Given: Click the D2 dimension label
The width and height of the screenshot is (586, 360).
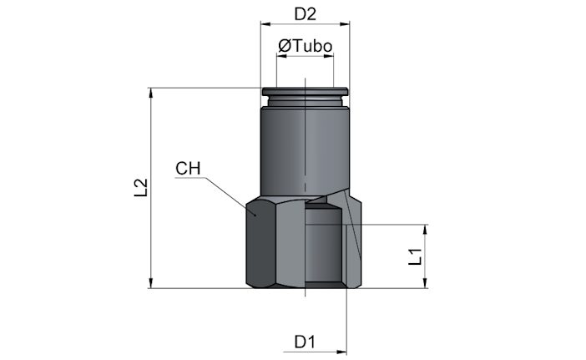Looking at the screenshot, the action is click(305, 14).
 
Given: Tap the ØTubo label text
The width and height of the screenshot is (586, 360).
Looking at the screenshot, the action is click(305, 46).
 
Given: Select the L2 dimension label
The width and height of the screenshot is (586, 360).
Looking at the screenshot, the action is click(141, 188).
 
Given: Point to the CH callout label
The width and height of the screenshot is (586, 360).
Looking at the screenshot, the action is click(188, 169).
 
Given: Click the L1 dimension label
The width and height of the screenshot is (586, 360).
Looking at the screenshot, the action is click(415, 256).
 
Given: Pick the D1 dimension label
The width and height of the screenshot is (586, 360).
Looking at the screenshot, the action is click(305, 342).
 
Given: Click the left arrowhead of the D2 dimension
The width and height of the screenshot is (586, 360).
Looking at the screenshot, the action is click(265, 24).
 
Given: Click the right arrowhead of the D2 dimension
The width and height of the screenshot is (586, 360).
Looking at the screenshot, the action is click(345, 24).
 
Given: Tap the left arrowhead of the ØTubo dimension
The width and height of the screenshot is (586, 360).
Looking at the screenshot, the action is click(281, 56).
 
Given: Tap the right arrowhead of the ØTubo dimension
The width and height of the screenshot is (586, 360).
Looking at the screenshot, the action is click(329, 56).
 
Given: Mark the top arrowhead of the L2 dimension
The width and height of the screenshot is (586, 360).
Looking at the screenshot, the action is click(151, 93).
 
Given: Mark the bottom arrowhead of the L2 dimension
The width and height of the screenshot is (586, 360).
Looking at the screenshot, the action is click(151, 283).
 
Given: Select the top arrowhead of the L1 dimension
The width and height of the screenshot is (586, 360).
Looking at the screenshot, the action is click(425, 230).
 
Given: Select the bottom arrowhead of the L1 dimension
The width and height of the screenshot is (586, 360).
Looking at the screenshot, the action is click(425, 283).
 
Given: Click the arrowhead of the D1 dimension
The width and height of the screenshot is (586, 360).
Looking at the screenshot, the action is click(341, 352).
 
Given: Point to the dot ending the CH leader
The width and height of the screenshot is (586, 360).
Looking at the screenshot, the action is click(255, 215).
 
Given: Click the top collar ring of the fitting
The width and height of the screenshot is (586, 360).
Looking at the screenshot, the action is click(305, 92).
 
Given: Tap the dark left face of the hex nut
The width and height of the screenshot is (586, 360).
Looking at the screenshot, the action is click(260, 243).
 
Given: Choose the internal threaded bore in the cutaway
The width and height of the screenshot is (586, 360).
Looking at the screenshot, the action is click(324, 245).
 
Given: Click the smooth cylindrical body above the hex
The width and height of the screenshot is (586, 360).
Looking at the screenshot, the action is click(305, 150).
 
